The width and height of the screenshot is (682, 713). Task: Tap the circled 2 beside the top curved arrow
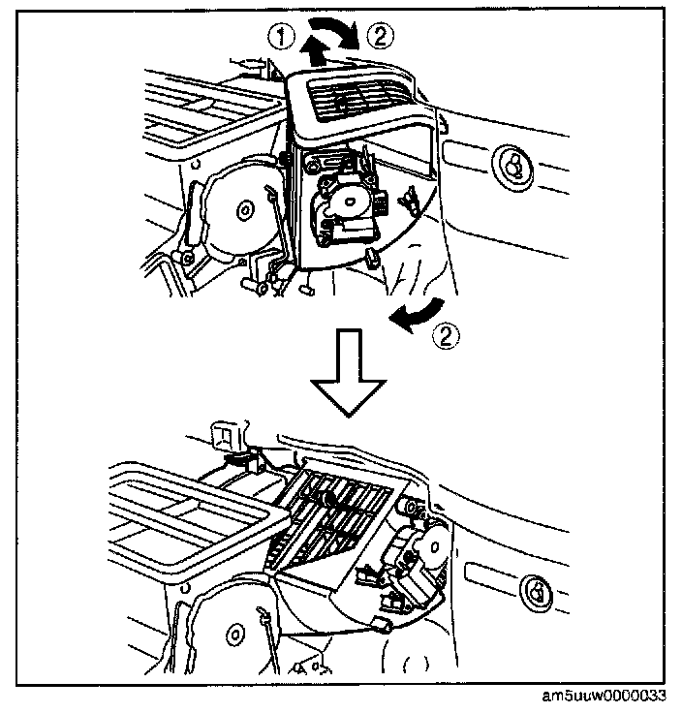point(381,37)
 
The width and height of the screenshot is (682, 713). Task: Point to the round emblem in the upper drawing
point(511,162)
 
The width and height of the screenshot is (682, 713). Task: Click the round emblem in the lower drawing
point(536,589)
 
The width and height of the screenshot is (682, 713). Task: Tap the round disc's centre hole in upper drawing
point(240,205)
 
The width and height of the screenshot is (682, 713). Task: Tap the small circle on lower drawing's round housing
point(233,636)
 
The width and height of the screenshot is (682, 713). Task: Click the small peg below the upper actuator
point(374,257)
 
